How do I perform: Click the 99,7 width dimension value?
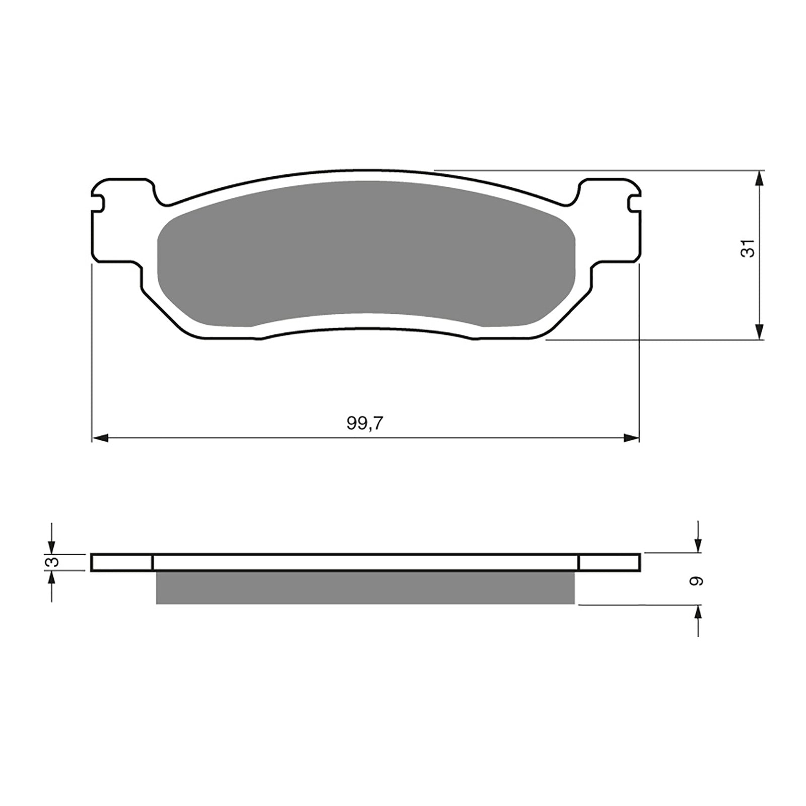coord(365,424)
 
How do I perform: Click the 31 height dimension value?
coord(750,248)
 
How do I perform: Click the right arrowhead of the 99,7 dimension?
coord(631,438)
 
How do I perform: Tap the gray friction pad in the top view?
coord(365,252)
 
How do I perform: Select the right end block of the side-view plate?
coord(610,563)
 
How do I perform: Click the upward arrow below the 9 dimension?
coord(698,614)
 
